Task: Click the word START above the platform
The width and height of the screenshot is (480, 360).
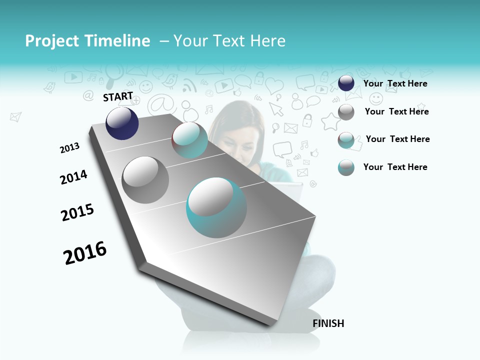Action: [118, 96]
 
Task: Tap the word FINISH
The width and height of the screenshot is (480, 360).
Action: [328, 323]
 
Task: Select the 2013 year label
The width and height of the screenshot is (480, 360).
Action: [69, 147]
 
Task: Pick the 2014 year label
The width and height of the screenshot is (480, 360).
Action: [73, 177]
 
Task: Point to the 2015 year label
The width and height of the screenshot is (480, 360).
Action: [77, 212]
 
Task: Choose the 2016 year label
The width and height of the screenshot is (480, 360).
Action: [85, 252]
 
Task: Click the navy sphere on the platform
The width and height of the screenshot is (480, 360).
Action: [122, 123]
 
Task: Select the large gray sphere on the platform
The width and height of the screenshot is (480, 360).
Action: [145, 180]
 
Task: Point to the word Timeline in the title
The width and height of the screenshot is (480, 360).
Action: [118, 41]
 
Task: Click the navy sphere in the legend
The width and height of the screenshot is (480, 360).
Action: [346, 83]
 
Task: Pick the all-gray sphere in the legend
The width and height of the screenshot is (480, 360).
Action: [346, 112]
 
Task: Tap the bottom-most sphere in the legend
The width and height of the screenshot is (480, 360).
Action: [346, 167]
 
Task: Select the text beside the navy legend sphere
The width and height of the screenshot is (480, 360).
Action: [395, 83]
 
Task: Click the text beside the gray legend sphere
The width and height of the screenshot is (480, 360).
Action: [396, 111]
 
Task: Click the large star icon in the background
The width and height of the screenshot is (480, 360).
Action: [330, 121]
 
